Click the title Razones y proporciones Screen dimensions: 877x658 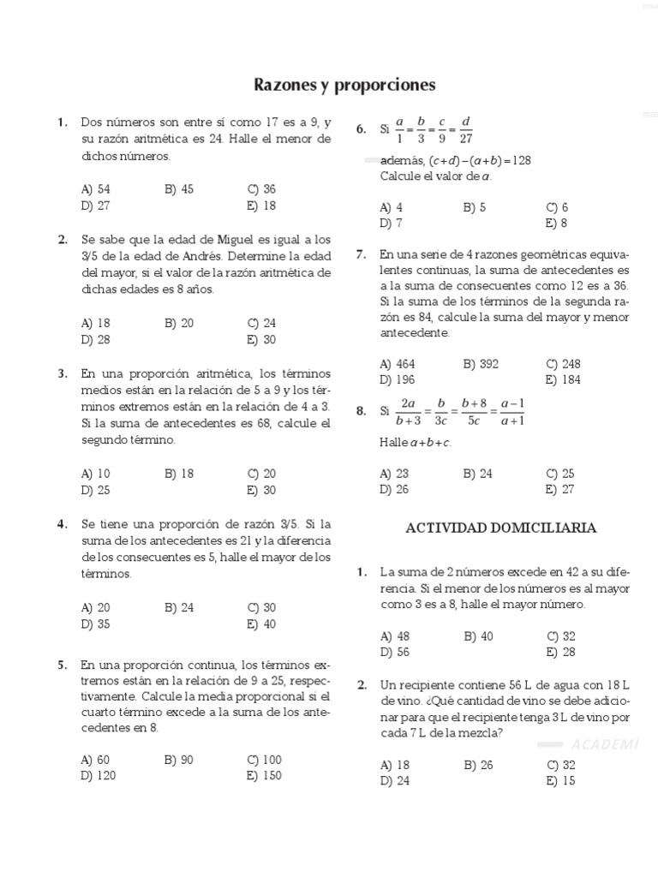[344, 85]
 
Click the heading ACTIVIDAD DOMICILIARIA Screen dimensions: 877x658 [500, 528]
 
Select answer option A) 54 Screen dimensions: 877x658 [95, 189]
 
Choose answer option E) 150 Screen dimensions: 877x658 [263, 776]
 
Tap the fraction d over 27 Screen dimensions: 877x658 [466, 129]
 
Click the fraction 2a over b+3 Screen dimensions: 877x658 [408, 411]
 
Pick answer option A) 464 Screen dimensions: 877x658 [397, 364]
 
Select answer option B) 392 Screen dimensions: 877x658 [481, 364]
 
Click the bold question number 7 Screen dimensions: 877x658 [361, 254]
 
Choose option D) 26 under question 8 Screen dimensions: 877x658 [394, 490]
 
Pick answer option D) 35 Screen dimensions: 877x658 [95, 624]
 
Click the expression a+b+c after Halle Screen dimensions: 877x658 [430, 443]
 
